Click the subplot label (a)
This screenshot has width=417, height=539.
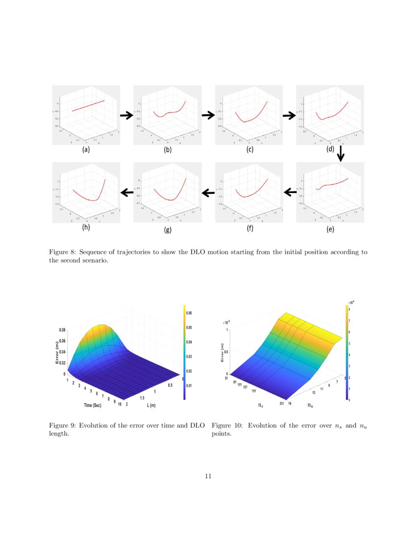pos(86,150)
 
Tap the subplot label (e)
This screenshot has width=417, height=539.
pos(330,229)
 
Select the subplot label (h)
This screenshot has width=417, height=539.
pos(86,227)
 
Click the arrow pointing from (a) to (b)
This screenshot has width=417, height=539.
pos(127,115)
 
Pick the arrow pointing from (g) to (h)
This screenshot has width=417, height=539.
pos(127,193)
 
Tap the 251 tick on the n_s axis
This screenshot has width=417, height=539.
pos(283,404)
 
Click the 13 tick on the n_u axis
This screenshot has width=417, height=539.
pos(314,393)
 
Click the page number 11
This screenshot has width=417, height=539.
pos(208,476)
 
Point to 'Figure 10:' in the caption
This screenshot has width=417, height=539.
pos(227,425)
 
